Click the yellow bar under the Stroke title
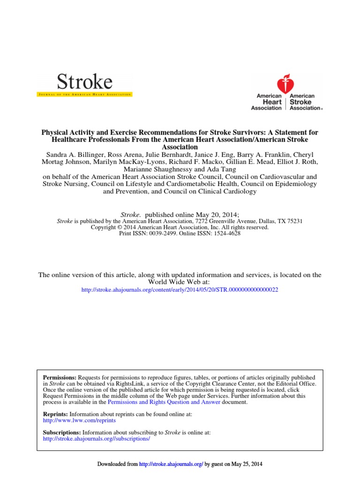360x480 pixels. [x=85, y=95]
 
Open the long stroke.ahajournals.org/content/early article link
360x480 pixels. [x=180, y=290]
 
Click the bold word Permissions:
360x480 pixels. [x=60, y=377]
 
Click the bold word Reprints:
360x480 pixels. [x=56, y=414]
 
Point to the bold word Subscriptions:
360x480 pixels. [x=62, y=432]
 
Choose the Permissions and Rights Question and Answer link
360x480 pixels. [x=164, y=402]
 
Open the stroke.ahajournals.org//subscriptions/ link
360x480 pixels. [x=96, y=438]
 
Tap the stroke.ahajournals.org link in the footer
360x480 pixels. [x=171, y=464]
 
